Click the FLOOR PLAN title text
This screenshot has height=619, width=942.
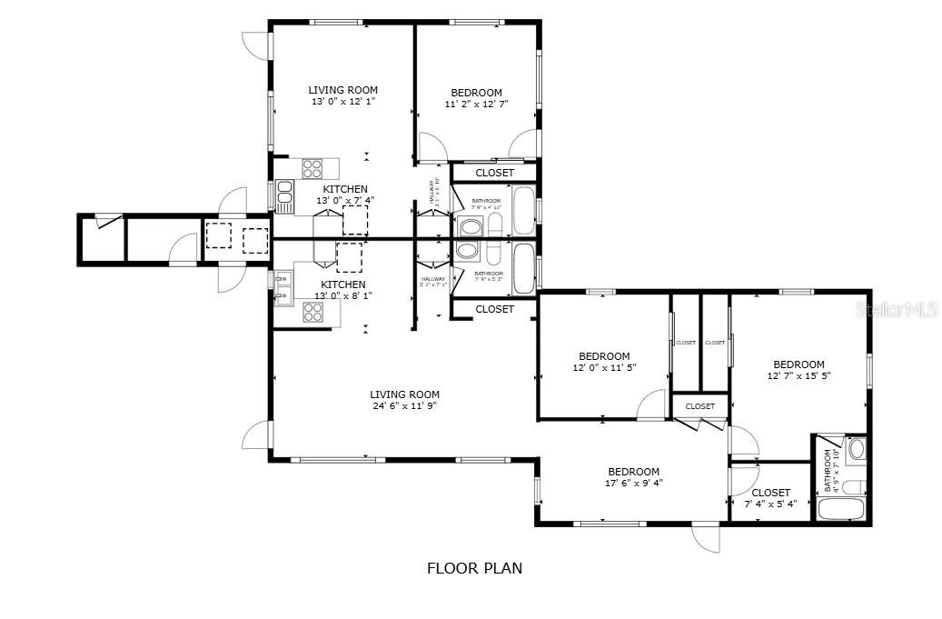[x=474, y=569]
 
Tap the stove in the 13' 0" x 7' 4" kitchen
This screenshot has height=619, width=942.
[x=312, y=168]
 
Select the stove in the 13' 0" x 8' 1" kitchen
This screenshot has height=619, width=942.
[x=312, y=312]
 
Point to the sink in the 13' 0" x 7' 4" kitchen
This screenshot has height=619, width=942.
[x=284, y=196]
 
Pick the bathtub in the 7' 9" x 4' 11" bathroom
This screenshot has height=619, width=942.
[x=524, y=210]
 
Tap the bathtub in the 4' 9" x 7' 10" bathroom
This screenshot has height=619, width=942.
[x=841, y=508]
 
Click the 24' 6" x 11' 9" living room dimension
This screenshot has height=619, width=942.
[x=404, y=406]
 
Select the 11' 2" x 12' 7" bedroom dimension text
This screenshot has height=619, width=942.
[x=476, y=105]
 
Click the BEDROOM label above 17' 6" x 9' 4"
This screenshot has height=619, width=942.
[x=633, y=472]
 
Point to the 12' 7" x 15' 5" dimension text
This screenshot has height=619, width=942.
[x=798, y=375]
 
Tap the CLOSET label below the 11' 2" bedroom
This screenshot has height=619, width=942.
[x=494, y=173]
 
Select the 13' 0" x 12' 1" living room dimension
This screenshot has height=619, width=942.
[x=342, y=102]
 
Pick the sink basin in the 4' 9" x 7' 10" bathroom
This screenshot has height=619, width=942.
[x=856, y=449]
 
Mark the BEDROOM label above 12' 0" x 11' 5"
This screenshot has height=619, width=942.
[x=604, y=356]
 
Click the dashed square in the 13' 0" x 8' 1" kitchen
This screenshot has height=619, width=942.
[x=350, y=257]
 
